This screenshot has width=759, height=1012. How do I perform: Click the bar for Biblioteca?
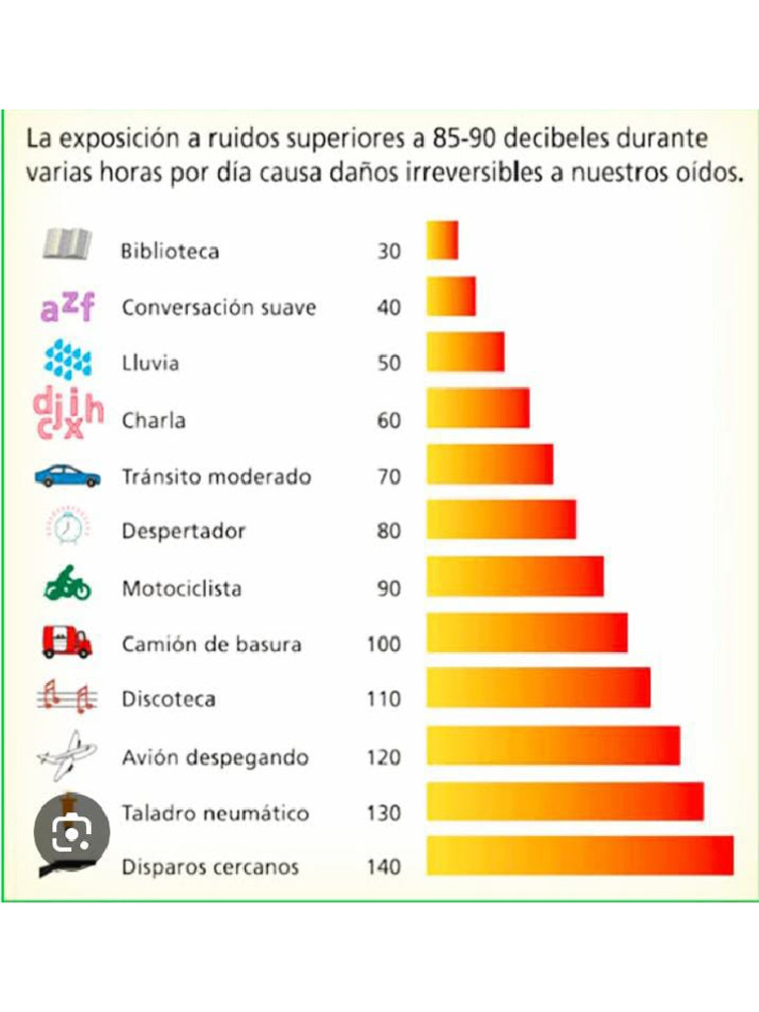(x=443, y=240)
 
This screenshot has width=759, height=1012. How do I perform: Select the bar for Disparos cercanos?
(x=580, y=856)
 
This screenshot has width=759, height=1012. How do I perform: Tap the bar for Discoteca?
(x=539, y=688)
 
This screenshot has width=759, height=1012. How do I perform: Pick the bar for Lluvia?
(x=465, y=352)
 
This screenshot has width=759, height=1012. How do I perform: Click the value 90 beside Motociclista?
(x=389, y=589)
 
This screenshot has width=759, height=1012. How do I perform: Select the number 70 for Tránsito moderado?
(x=389, y=477)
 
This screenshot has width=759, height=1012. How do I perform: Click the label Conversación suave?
(x=218, y=307)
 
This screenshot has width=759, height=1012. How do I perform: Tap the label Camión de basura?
(x=211, y=644)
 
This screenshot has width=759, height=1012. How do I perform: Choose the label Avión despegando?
(x=215, y=758)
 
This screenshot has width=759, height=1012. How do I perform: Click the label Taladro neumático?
(x=215, y=813)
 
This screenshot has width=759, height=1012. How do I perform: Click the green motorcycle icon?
(x=67, y=584)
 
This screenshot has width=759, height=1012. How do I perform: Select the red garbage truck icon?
(x=67, y=642)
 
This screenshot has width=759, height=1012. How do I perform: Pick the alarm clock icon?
(x=68, y=528)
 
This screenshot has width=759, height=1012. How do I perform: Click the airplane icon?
(x=67, y=756)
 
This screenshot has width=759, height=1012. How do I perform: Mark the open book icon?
(x=67, y=243)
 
